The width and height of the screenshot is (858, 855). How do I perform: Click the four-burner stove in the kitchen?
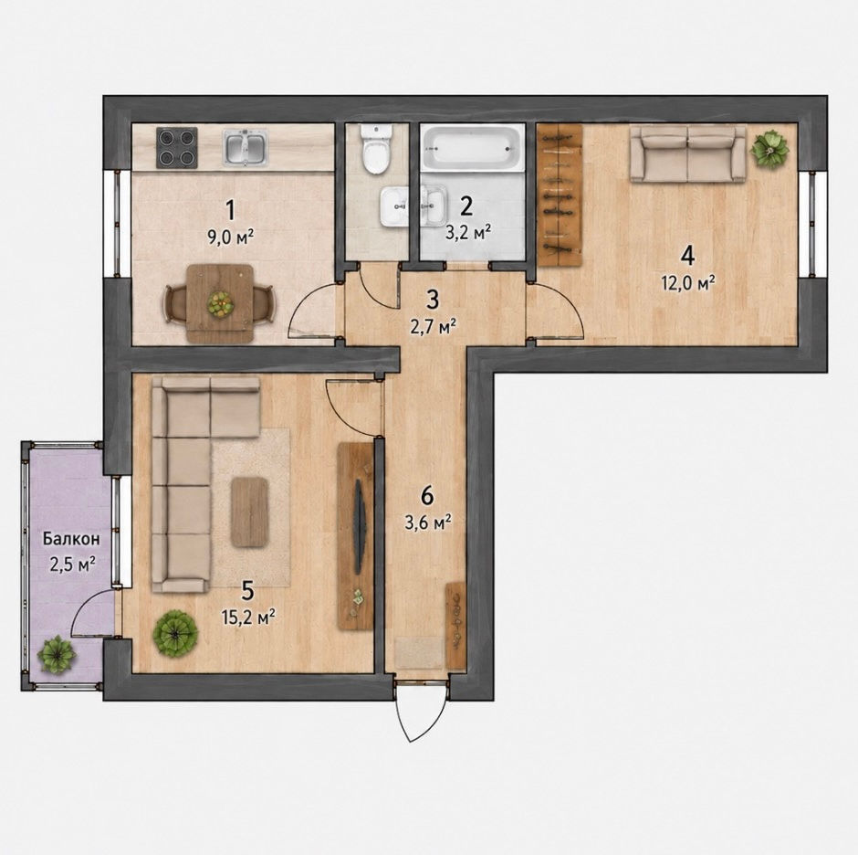pos(177,147)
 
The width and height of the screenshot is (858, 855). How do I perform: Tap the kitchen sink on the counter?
pos(246,147)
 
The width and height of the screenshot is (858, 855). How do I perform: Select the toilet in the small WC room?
pos(376,148)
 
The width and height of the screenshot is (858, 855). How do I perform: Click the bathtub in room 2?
pos(472,146)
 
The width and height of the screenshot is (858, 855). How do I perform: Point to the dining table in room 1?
pos(220,303)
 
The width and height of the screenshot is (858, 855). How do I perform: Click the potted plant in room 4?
pos(769,148)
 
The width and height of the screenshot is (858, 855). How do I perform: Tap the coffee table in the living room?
pos(249,512)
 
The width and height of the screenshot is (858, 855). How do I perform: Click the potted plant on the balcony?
pos(57,655)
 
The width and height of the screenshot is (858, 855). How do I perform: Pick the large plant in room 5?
pos(175,634)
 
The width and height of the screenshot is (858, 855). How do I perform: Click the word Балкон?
pos(72,539)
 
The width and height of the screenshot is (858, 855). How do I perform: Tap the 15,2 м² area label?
pos(248,618)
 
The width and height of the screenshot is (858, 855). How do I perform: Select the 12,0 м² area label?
pos(689,283)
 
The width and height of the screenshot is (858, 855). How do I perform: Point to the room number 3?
pos(433,300)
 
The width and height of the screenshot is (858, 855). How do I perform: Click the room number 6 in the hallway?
pos(427,496)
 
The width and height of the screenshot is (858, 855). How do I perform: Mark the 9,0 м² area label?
pos(231,237)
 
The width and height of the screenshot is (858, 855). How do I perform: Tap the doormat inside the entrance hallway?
pos(420,652)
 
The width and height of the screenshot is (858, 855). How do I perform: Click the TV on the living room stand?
pos(359,527)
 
